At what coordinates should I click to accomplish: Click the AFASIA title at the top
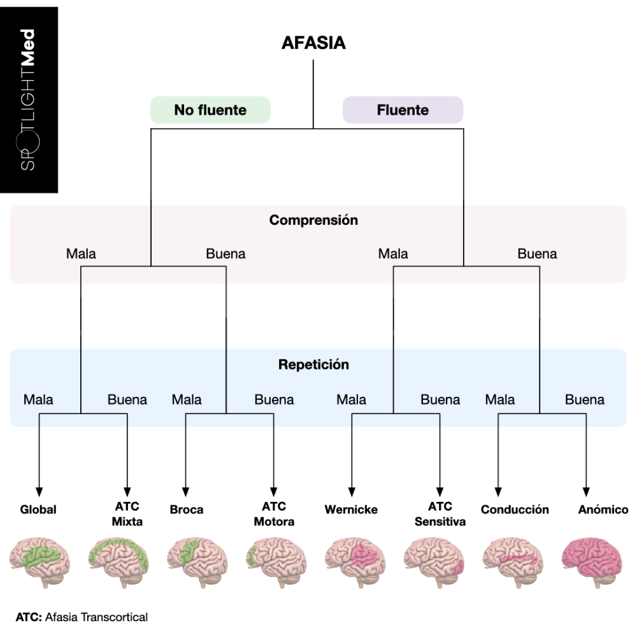pos(313,43)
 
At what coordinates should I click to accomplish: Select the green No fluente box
pos(210,110)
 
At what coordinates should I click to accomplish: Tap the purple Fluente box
pos(403,110)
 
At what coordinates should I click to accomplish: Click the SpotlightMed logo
pos(29,99)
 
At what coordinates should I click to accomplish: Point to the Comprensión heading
pos(313,220)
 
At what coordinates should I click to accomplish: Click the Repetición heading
pos(313,365)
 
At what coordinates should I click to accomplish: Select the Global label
pos(38,510)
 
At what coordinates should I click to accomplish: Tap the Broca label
pos(187,510)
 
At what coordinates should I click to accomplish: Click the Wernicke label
pos(351,510)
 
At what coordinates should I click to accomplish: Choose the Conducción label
pos(515,510)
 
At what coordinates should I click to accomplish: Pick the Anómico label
pos(603,510)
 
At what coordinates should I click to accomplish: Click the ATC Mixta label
pos(127,514)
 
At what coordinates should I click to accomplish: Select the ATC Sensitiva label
pos(440,514)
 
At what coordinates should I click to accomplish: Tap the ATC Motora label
pos(274,514)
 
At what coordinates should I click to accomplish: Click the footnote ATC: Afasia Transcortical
pos(82,617)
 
